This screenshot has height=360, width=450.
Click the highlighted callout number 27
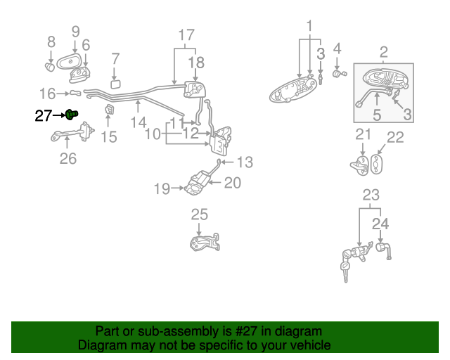click(x=44, y=115)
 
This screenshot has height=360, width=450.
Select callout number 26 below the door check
click(x=67, y=159)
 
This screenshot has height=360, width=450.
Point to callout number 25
click(x=200, y=214)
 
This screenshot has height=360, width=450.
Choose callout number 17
click(x=186, y=34)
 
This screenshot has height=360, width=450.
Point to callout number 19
click(x=162, y=188)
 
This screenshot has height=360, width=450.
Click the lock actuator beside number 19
click(x=200, y=182)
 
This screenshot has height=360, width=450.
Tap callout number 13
click(x=244, y=163)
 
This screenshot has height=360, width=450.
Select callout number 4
click(x=337, y=48)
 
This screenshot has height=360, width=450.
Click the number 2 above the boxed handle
click(x=384, y=51)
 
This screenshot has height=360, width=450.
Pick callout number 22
click(x=396, y=137)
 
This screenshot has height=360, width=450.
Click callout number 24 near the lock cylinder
click(x=380, y=224)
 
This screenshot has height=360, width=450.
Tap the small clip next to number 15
click(x=110, y=110)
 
